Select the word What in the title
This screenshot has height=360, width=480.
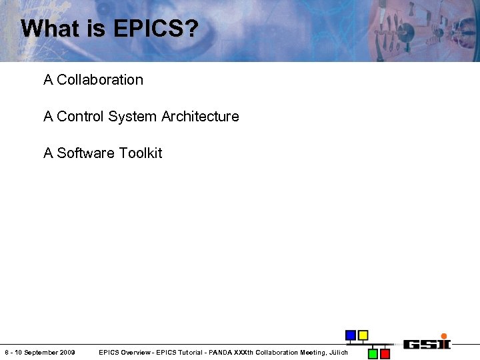click(x=46, y=29)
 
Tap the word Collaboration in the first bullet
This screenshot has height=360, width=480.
click(x=100, y=80)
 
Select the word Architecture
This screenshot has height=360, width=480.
click(x=199, y=117)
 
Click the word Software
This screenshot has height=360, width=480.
click(x=86, y=153)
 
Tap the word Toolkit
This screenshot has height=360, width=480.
click(x=141, y=153)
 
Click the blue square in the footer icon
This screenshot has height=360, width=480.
click(x=350, y=335)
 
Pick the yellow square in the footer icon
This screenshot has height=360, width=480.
click(x=363, y=335)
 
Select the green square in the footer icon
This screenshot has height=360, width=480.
click(x=373, y=353)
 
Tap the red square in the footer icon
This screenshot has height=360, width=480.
click(x=385, y=353)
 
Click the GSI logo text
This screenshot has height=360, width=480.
click(x=427, y=344)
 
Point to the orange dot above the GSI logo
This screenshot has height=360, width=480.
click(x=444, y=336)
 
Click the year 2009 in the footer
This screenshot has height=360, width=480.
click(x=67, y=352)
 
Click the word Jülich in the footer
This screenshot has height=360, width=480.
click(x=337, y=352)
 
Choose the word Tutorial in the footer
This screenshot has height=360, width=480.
click(x=176, y=352)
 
